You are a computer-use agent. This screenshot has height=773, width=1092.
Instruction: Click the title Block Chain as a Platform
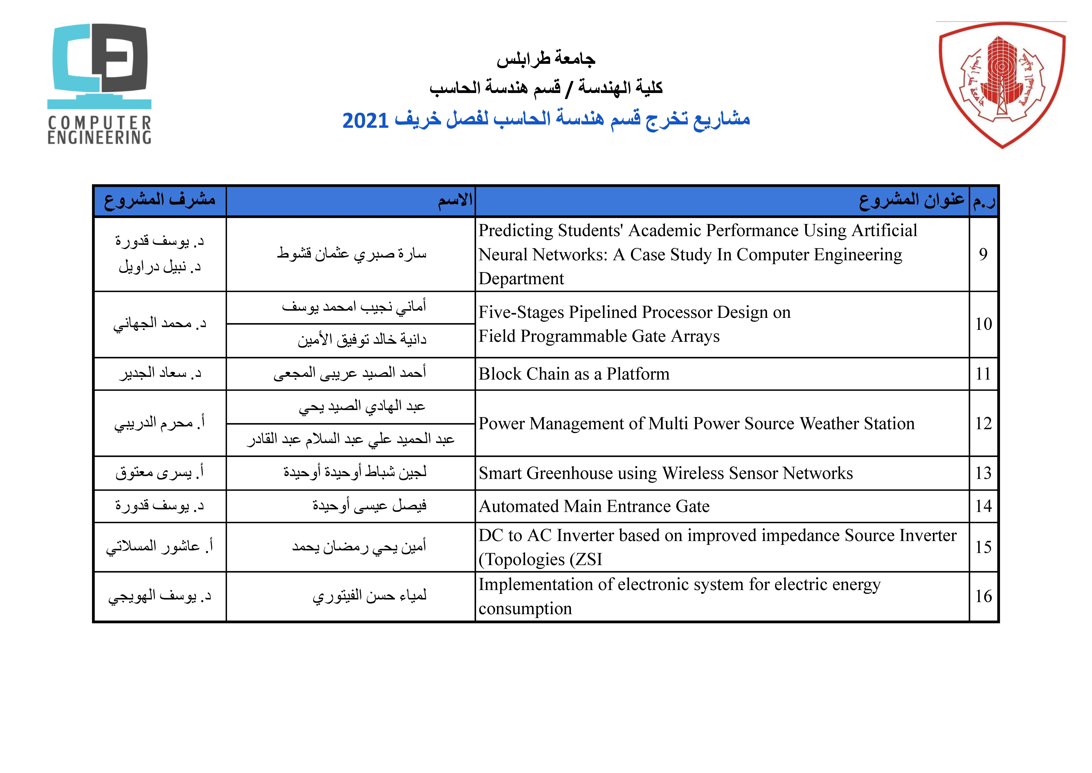(574, 374)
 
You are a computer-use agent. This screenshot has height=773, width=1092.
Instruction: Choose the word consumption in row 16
(525, 609)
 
